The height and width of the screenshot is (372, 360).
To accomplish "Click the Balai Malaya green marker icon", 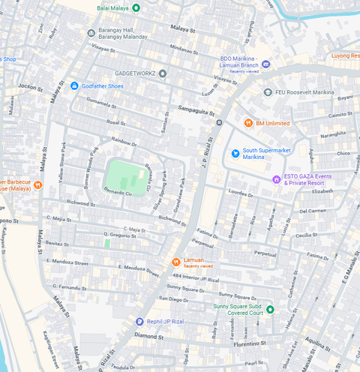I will point(136,8).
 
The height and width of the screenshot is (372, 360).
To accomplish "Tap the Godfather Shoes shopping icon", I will point(74,86).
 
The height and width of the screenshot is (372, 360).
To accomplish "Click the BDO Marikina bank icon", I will point(266,65).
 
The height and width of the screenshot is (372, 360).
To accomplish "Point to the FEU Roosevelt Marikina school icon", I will point(268,91).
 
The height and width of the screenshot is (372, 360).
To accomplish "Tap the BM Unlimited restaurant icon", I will point(248,123).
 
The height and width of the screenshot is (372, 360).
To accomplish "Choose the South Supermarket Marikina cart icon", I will point(235,153).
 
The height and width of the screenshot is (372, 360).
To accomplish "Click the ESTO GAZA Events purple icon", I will point(277,179).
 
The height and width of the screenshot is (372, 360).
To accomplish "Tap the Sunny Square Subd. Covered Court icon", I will point(271,310).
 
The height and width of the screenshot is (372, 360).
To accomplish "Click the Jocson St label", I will point(31,87).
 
